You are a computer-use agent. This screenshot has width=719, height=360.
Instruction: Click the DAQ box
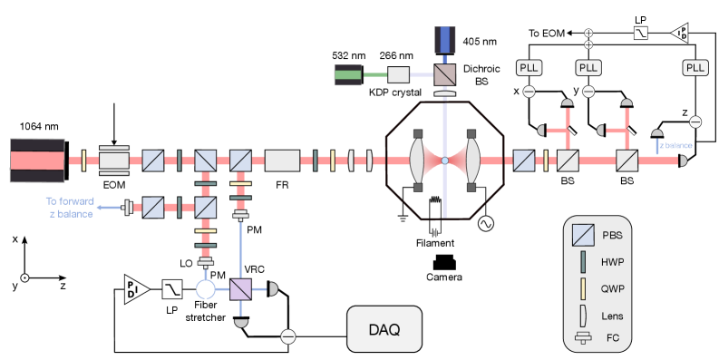coord(384,329)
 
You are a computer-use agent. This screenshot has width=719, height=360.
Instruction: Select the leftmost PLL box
coord(529,68)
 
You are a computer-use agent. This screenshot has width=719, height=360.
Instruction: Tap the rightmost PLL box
coord(695,68)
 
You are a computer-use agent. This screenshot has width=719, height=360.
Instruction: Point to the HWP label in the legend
coord(613,262)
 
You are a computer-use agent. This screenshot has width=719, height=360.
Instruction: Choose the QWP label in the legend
coord(613,288)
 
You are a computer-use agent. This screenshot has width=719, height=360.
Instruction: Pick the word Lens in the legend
coord(613,315)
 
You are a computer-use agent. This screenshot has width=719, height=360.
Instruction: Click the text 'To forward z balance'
coord(69,207)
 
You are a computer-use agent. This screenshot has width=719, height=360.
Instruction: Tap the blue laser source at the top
coord(444,39)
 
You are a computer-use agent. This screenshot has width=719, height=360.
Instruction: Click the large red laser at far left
coord(37,160)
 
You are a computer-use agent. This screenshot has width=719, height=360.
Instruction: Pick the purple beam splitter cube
coord(240,289)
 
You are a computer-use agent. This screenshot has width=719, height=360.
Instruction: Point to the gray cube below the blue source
coord(444,75)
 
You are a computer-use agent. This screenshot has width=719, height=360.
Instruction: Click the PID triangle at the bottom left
coord(135,289)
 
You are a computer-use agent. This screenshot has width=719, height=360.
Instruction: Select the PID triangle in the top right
coord(680,34)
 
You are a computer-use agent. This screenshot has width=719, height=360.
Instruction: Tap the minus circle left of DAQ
coord(287,336)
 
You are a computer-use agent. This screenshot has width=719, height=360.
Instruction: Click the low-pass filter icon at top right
coord(640,34)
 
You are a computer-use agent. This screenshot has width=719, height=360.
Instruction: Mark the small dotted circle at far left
coord(25,277)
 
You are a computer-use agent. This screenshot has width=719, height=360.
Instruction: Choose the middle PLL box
coord(588,68)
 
